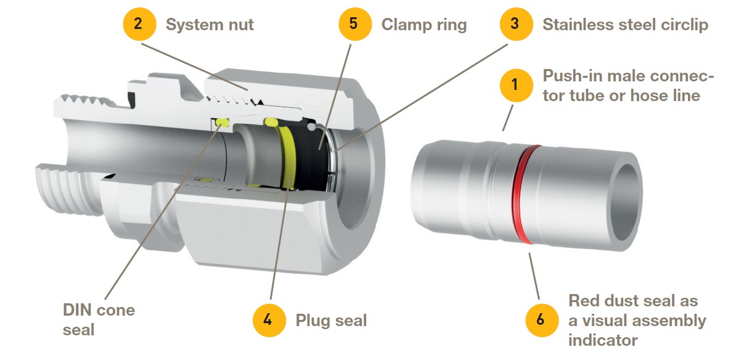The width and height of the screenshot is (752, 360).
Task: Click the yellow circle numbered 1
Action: tap(515, 85)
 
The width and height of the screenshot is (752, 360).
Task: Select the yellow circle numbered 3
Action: tap(515, 25)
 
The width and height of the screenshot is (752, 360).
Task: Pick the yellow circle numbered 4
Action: tap(269, 320)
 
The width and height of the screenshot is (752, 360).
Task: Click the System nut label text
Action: tap(210, 25)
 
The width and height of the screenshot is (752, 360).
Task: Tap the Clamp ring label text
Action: tap(423, 25)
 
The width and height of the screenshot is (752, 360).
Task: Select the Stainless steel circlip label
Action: tap(625, 25)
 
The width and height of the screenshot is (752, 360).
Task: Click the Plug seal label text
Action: tap(331, 321)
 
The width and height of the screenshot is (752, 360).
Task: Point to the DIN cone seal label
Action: tap(99, 319)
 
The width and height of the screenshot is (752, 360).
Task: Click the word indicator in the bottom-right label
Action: tap(603, 340)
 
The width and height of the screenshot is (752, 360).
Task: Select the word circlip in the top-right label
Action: tap(684, 25)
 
